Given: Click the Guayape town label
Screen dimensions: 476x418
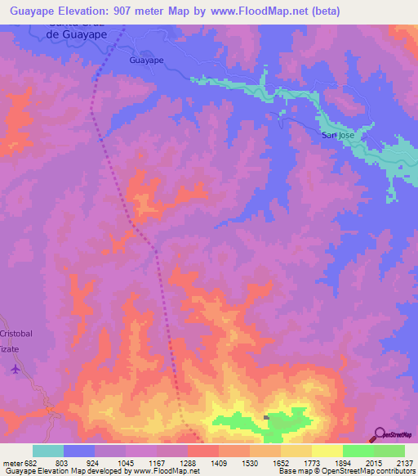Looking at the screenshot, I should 147,61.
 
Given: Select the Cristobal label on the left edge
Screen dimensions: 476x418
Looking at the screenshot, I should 16,335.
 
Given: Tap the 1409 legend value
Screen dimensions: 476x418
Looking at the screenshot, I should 219,463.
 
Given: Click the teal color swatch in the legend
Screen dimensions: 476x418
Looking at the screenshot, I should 48,451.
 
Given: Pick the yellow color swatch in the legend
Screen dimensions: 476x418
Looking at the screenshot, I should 327,451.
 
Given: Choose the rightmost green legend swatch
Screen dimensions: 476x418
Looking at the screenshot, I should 389,451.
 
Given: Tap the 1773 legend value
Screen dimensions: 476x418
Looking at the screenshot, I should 312,463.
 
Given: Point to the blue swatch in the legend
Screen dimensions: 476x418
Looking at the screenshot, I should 79,451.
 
